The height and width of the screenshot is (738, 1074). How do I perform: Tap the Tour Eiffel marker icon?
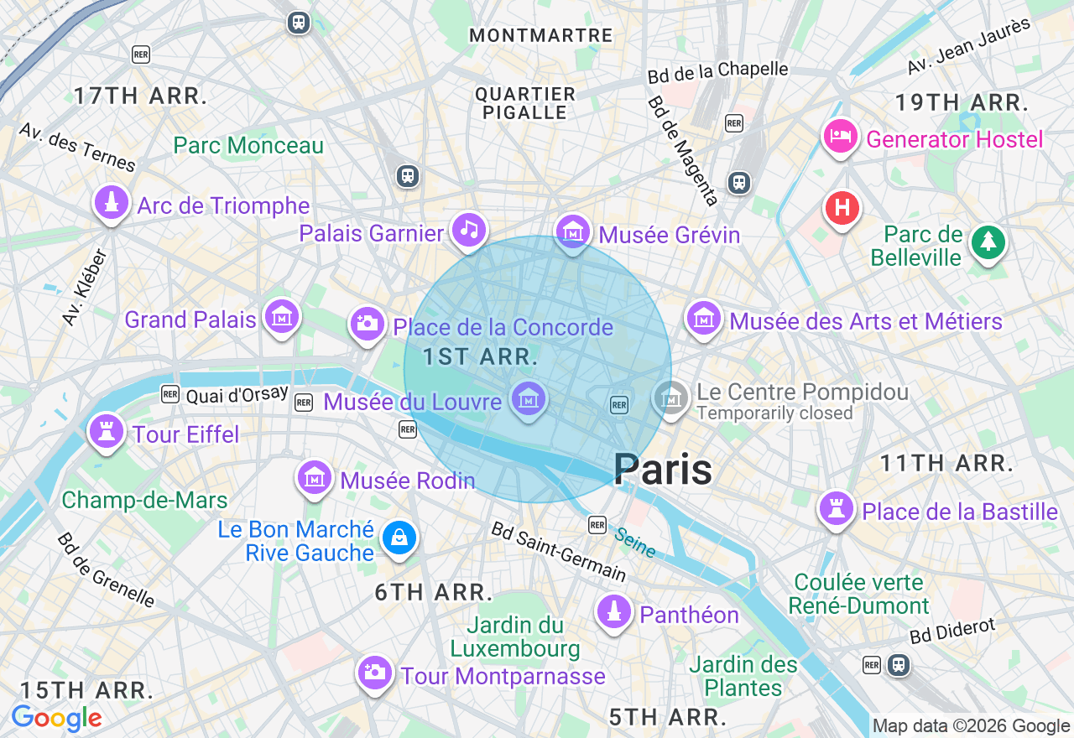[x=106, y=432]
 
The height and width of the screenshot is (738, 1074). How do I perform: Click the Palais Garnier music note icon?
[x=469, y=230]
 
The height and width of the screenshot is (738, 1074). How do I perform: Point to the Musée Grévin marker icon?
[x=573, y=231]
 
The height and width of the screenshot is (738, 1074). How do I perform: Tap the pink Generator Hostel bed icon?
[x=840, y=137]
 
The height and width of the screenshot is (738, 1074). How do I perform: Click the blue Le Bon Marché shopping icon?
[x=399, y=538]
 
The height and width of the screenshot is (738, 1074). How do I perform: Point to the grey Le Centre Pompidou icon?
[x=671, y=398]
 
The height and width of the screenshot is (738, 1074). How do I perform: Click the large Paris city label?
[x=663, y=469]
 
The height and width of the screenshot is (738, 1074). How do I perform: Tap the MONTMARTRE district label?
[x=541, y=35]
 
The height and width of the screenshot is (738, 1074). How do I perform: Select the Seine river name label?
[x=634, y=542]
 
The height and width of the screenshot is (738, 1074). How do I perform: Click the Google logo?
[x=56, y=718]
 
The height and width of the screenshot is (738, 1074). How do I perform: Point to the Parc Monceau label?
[x=248, y=145]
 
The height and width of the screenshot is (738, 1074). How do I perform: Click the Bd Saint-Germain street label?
[x=558, y=551]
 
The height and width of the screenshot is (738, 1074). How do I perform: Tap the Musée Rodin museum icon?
[x=315, y=479]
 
